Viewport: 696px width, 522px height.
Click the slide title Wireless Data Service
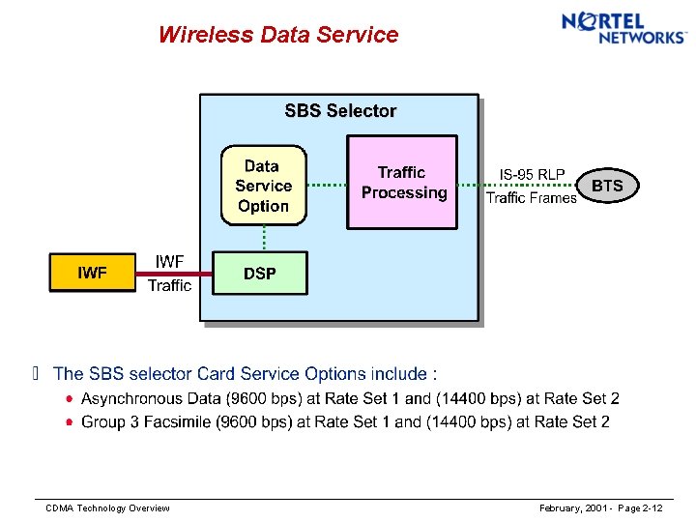(x=278, y=35)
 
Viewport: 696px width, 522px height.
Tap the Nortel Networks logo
(x=623, y=27)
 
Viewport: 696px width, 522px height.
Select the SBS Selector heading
(x=340, y=111)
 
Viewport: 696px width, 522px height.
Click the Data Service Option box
(x=263, y=186)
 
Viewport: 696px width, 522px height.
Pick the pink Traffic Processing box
(x=402, y=183)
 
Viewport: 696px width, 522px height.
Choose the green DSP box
(x=260, y=274)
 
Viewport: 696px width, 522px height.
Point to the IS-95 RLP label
(x=532, y=174)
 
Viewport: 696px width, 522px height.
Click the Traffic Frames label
(x=531, y=198)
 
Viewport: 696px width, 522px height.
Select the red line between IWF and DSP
(x=174, y=274)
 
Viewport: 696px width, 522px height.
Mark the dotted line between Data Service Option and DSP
(x=264, y=238)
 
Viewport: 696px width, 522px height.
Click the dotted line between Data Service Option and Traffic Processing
(x=327, y=185)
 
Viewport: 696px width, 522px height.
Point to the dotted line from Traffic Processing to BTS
(x=471, y=186)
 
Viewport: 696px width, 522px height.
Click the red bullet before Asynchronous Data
(x=70, y=398)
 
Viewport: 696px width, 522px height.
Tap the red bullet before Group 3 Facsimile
(x=70, y=421)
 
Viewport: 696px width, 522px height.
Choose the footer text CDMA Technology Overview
(x=108, y=508)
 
